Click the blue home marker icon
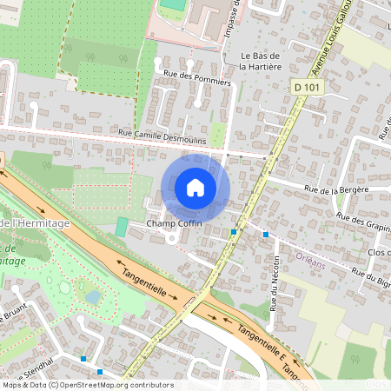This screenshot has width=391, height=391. coord(195,187)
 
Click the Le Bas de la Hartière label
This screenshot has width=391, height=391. coord(258,60)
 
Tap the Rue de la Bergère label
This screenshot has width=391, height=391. coord(336,189)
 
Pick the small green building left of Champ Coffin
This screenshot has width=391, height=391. coord(122,227)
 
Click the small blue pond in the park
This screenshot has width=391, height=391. coord(92,296)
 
